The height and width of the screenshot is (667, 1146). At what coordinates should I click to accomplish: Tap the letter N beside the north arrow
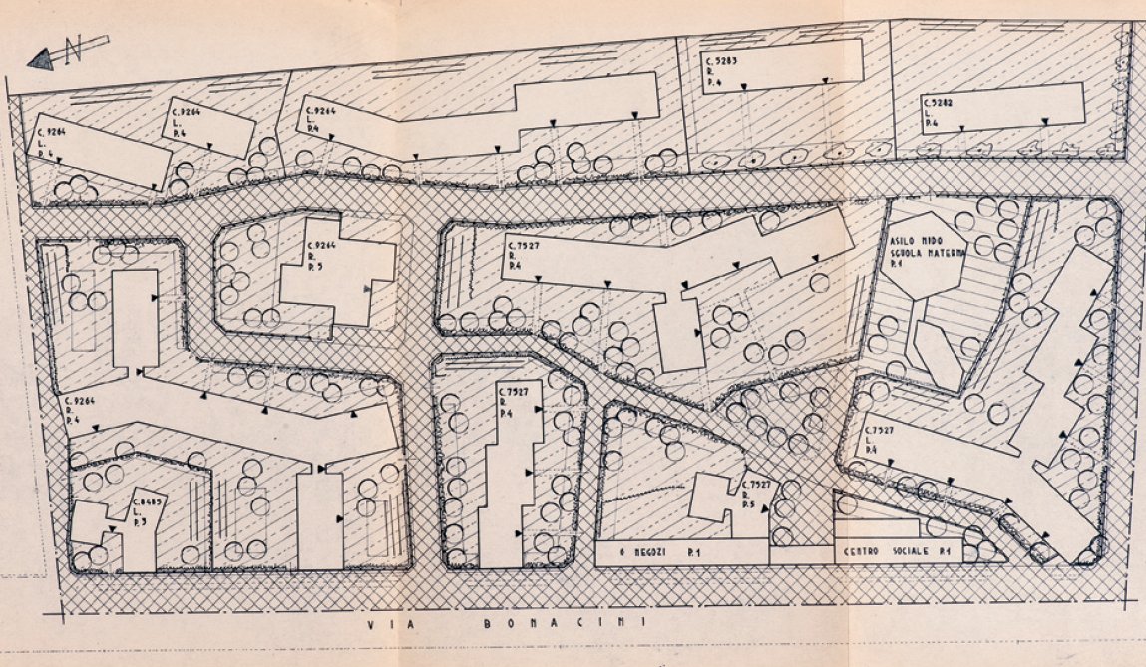click(72, 51)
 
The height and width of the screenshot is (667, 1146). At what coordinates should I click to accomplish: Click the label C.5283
click(719, 59)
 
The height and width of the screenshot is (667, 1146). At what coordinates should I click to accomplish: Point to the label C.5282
click(938, 102)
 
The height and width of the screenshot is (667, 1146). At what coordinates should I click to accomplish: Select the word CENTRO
click(866, 551)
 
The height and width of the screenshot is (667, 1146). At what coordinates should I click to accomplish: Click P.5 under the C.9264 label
click(315, 266)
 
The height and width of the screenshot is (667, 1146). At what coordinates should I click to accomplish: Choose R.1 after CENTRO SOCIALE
click(969, 551)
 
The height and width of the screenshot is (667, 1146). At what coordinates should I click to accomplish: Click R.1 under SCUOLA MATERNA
click(897, 267)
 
